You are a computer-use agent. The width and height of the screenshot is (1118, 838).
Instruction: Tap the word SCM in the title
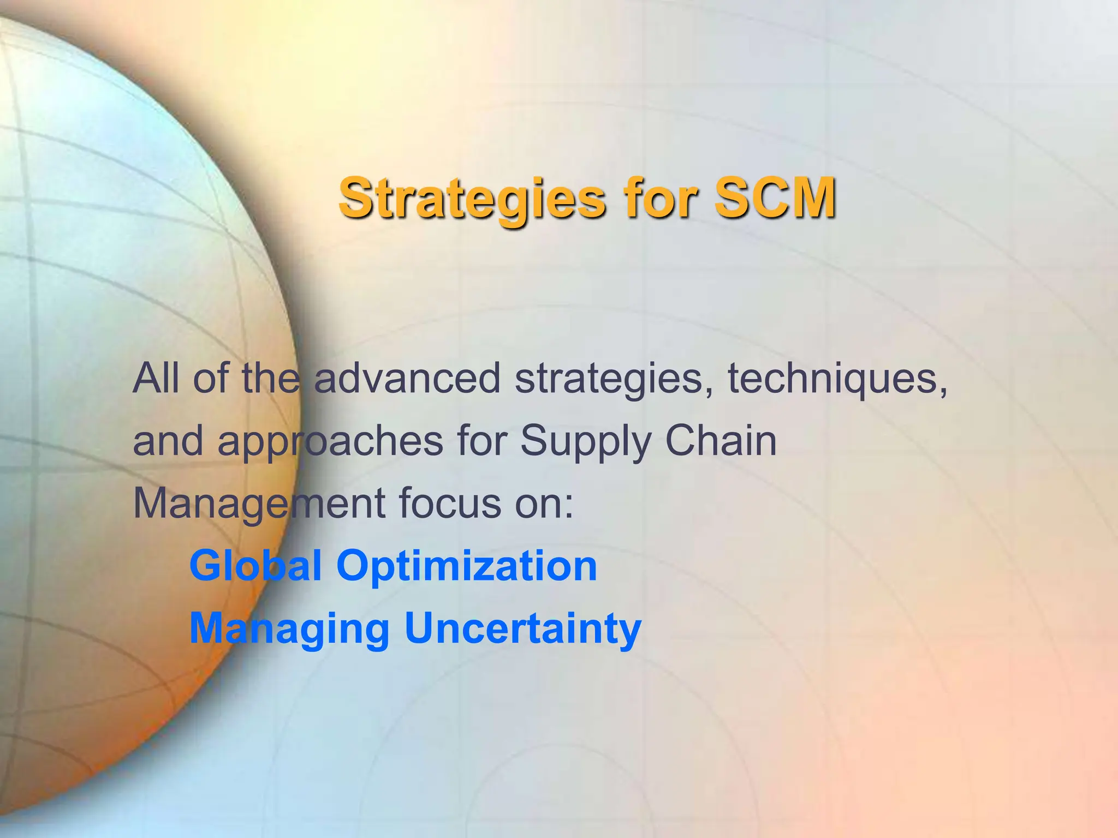click(775, 197)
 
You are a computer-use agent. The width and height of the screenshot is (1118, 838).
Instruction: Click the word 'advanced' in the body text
click(407, 379)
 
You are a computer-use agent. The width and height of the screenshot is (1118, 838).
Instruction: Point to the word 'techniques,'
click(838, 379)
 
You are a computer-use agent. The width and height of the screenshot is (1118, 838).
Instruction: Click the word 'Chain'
click(721, 441)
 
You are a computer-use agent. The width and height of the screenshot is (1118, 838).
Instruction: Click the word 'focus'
click(450, 503)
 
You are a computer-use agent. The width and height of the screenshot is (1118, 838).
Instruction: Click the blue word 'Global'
click(255, 566)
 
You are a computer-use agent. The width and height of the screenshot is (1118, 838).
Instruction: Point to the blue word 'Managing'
click(289, 629)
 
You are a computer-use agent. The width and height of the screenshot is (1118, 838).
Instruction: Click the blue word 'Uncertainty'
click(523, 629)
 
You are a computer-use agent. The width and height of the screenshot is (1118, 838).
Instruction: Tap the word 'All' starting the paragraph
click(156, 379)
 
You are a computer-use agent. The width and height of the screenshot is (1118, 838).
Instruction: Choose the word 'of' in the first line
click(210, 379)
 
